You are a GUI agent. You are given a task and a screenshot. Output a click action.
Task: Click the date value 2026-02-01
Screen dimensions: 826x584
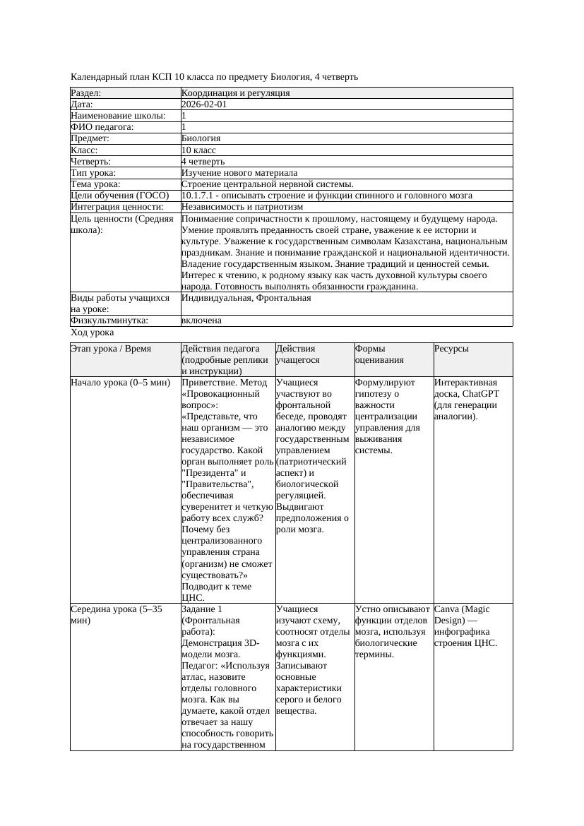pos(204,104)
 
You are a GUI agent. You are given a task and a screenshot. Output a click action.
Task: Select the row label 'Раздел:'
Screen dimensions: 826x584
pos(86,93)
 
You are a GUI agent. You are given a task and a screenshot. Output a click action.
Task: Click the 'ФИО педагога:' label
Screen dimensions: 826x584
pos(102,127)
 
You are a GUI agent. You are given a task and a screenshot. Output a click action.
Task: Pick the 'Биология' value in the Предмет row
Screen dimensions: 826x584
pos(201,138)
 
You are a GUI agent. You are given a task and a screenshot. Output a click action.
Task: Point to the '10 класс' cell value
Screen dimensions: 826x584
pos(198,150)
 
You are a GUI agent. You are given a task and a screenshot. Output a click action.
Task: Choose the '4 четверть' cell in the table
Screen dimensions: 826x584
pos(203,162)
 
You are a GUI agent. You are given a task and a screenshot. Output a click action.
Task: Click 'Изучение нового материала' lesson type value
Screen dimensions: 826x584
pos(239,173)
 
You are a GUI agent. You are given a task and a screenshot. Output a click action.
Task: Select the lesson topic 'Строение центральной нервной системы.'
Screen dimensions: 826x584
pos(268,184)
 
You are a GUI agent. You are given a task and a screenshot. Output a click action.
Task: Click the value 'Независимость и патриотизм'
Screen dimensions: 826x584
pos(242,207)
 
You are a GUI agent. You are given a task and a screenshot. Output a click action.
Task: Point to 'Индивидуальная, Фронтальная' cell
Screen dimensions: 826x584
pos(246,298)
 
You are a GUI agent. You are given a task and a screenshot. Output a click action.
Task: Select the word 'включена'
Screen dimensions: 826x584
pos(201,321)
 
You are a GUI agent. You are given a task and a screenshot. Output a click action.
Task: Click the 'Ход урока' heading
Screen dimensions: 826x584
pos(93,332)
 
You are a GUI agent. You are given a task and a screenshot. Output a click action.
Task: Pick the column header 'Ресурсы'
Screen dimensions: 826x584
pos(451,349)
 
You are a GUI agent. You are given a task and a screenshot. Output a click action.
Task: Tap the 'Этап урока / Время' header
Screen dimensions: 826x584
pos(111,349)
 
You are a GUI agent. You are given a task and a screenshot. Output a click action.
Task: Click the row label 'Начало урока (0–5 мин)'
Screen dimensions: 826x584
pos(120,383)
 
